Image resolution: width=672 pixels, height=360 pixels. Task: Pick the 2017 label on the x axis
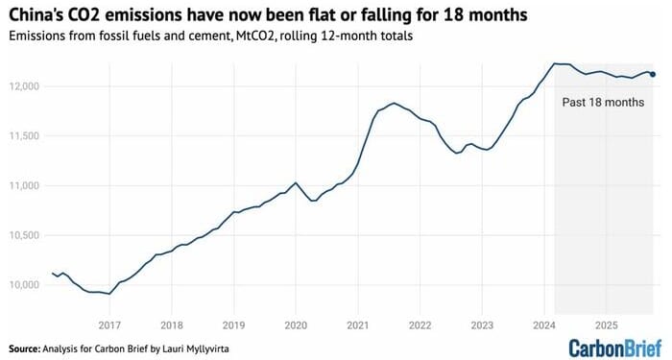(108, 324)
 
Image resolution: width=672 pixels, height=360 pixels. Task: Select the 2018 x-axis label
(171, 324)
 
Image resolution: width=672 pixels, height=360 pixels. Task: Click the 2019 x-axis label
(233, 324)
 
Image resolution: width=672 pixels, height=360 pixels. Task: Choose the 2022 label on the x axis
(420, 324)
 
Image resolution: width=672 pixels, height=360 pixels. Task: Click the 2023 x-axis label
(482, 324)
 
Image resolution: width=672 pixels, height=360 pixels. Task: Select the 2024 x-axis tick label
(543, 324)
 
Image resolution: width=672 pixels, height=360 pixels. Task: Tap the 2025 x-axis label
(606, 324)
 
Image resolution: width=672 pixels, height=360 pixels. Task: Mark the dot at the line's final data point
(654, 74)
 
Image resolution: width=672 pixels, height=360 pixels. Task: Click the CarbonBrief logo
(613, 347)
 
